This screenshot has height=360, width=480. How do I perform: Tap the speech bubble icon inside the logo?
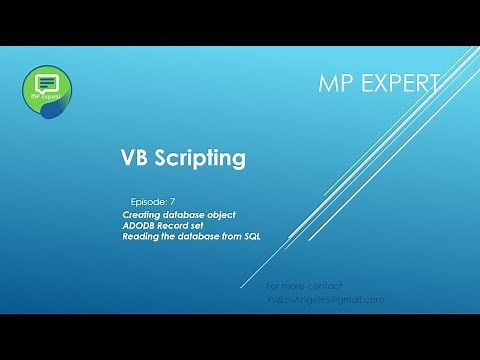tap(45, 79)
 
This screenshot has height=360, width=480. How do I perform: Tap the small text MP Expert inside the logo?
tap(45, 99)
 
